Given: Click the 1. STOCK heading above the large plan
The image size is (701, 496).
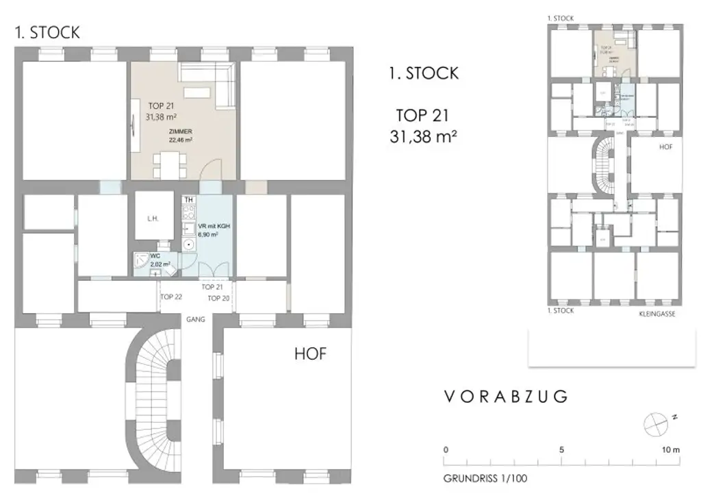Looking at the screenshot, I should [x=47, y=33].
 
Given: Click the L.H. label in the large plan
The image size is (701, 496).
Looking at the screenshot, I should [x=153, y=219].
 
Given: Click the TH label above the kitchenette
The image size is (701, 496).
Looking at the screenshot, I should [x=190, y=199].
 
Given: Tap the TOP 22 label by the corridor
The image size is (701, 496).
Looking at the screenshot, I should [x=171, y=297].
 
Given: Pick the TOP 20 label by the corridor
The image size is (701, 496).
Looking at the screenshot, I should [x=218, y=299].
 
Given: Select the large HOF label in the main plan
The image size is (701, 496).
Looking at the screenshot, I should [x=310, y=354].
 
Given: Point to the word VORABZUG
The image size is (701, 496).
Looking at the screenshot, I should [x=506, y=397].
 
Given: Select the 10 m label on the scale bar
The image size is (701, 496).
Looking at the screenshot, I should [x=671, y=450].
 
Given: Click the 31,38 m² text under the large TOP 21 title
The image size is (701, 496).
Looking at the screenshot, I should [x=423, y=136].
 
